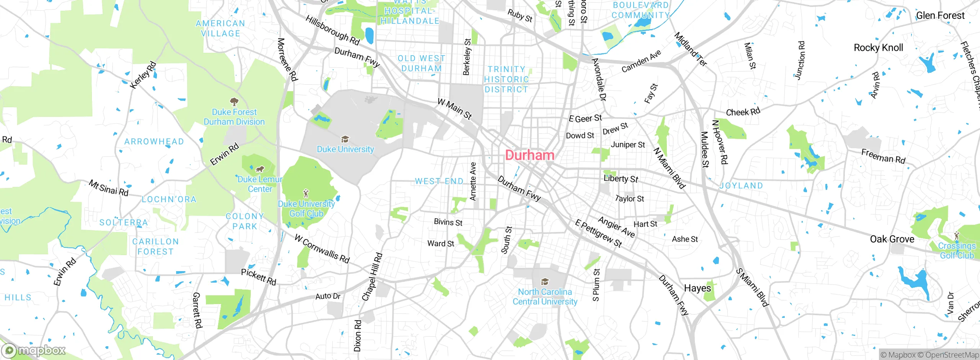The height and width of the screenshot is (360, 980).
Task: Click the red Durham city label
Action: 529,155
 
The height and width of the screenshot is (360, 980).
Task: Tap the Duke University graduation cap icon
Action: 345,139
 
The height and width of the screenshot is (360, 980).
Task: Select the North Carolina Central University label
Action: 545,297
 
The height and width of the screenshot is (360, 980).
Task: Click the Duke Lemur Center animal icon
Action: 260,169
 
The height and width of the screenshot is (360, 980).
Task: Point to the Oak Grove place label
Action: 892,239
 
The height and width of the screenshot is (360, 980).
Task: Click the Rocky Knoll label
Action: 878,48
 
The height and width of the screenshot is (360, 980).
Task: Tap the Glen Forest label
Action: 940,16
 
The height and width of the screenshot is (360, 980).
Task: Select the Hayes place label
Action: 697,288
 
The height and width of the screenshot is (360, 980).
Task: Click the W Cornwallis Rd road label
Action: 322,249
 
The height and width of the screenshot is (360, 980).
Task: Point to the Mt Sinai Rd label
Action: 109,188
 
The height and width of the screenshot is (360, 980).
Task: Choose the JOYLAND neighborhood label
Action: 741,186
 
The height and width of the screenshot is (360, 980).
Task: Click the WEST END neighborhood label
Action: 439,181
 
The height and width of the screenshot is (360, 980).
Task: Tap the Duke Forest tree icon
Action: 234,102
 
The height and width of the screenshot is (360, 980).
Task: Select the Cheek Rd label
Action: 743,112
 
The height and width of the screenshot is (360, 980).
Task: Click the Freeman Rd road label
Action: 883,157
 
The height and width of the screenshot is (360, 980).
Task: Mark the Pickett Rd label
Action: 258,277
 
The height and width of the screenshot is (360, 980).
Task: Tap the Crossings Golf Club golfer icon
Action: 957,235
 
